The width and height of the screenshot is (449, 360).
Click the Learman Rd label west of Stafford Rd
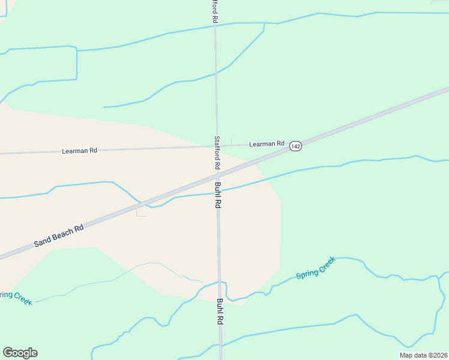(x=79, y=151)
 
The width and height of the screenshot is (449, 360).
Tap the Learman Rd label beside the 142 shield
(x=267, y=143)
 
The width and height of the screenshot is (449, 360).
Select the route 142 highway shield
(x=295, y=146)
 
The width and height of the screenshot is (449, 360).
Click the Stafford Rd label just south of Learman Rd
(x=217, y=152)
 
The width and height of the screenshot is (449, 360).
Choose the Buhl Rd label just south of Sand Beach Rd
(x=218, y=195)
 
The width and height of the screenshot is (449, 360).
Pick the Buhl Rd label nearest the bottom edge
(x=220, y=311)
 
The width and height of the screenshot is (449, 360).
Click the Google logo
(x=20, y=353)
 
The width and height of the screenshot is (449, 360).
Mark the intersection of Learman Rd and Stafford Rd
(x=217, y=145)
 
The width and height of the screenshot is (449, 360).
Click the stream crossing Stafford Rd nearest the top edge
(x=215, y=25)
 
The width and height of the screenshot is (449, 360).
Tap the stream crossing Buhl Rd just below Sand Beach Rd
(x=218, y=192)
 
